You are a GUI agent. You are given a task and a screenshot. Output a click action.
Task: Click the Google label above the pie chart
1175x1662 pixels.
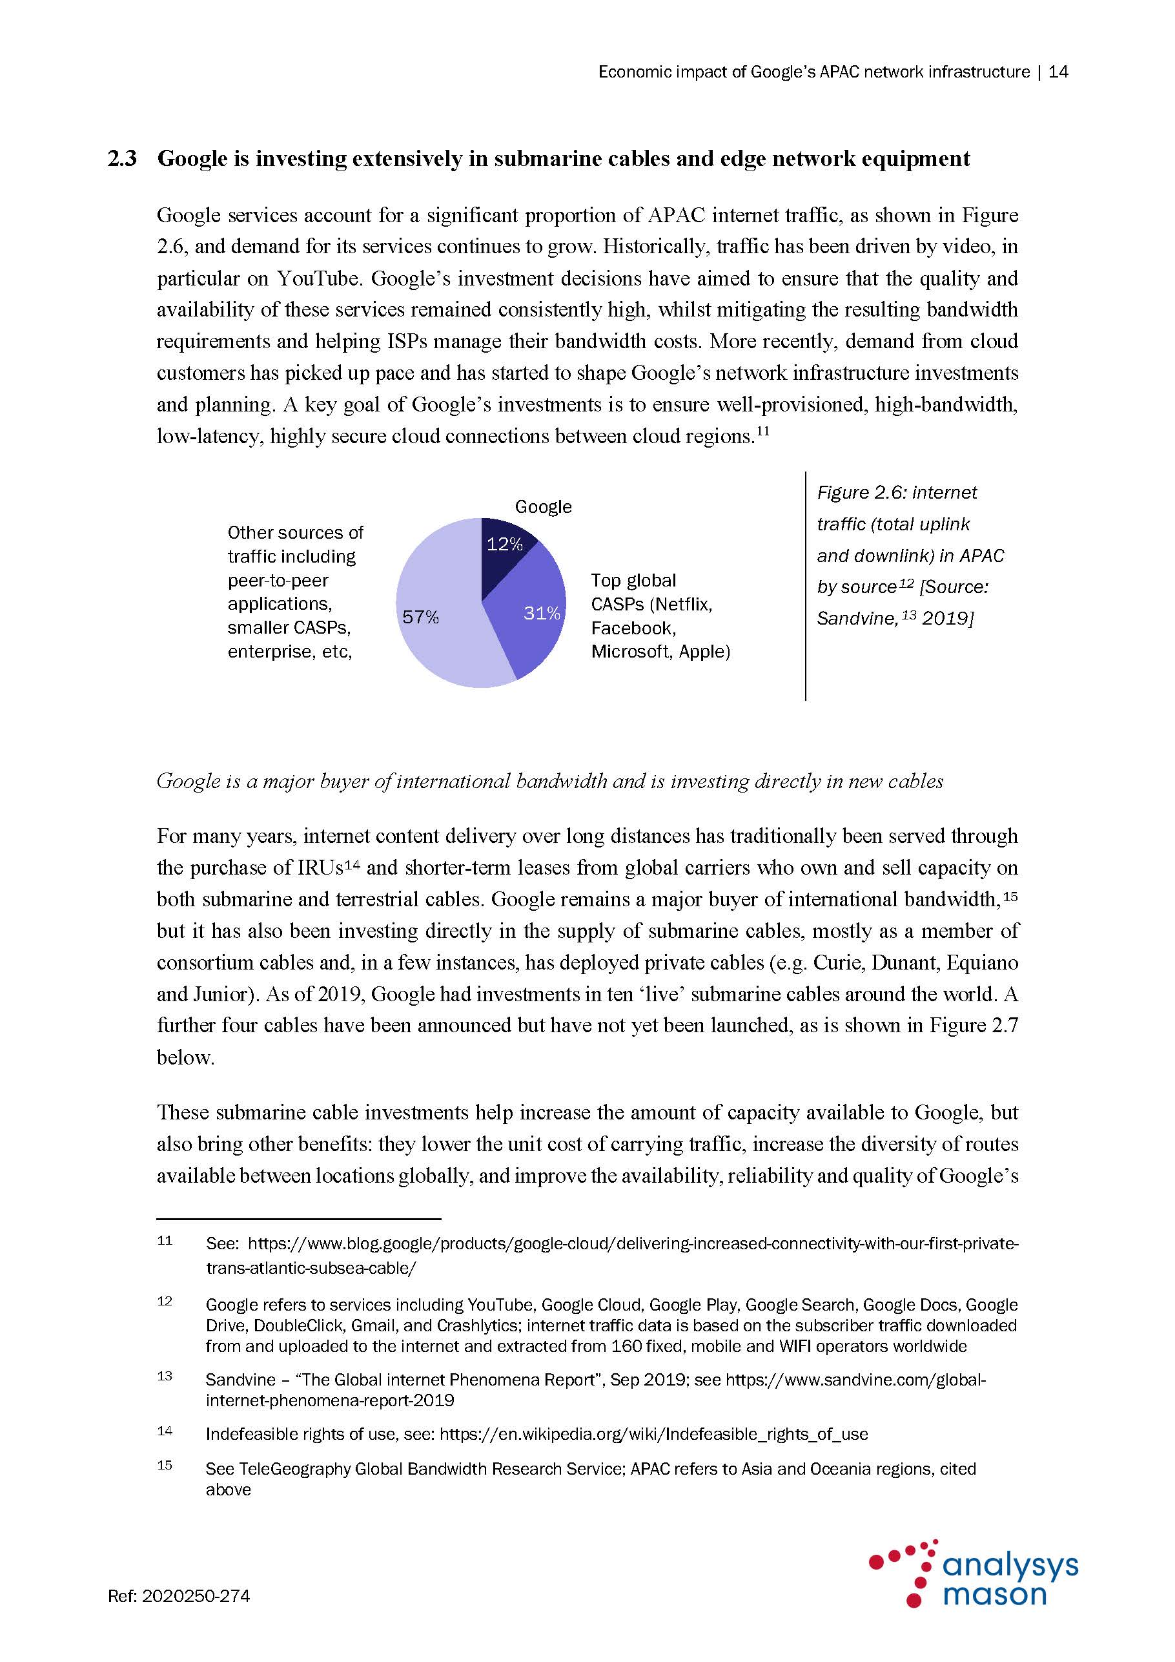(543, 506)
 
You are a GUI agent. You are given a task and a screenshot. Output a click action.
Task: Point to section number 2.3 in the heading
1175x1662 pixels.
(122, 158)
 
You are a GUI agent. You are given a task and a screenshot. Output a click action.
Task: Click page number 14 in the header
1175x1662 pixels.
(1057, 72)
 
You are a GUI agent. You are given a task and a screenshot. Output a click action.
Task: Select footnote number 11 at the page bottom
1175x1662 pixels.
(165, 1241)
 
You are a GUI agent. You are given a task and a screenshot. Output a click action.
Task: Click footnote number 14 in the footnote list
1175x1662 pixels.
(165, 1431)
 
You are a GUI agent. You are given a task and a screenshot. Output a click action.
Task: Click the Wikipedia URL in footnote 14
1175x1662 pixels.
(653, 1434)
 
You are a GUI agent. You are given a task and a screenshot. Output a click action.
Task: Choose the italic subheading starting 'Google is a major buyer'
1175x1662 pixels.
(550, 781)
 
